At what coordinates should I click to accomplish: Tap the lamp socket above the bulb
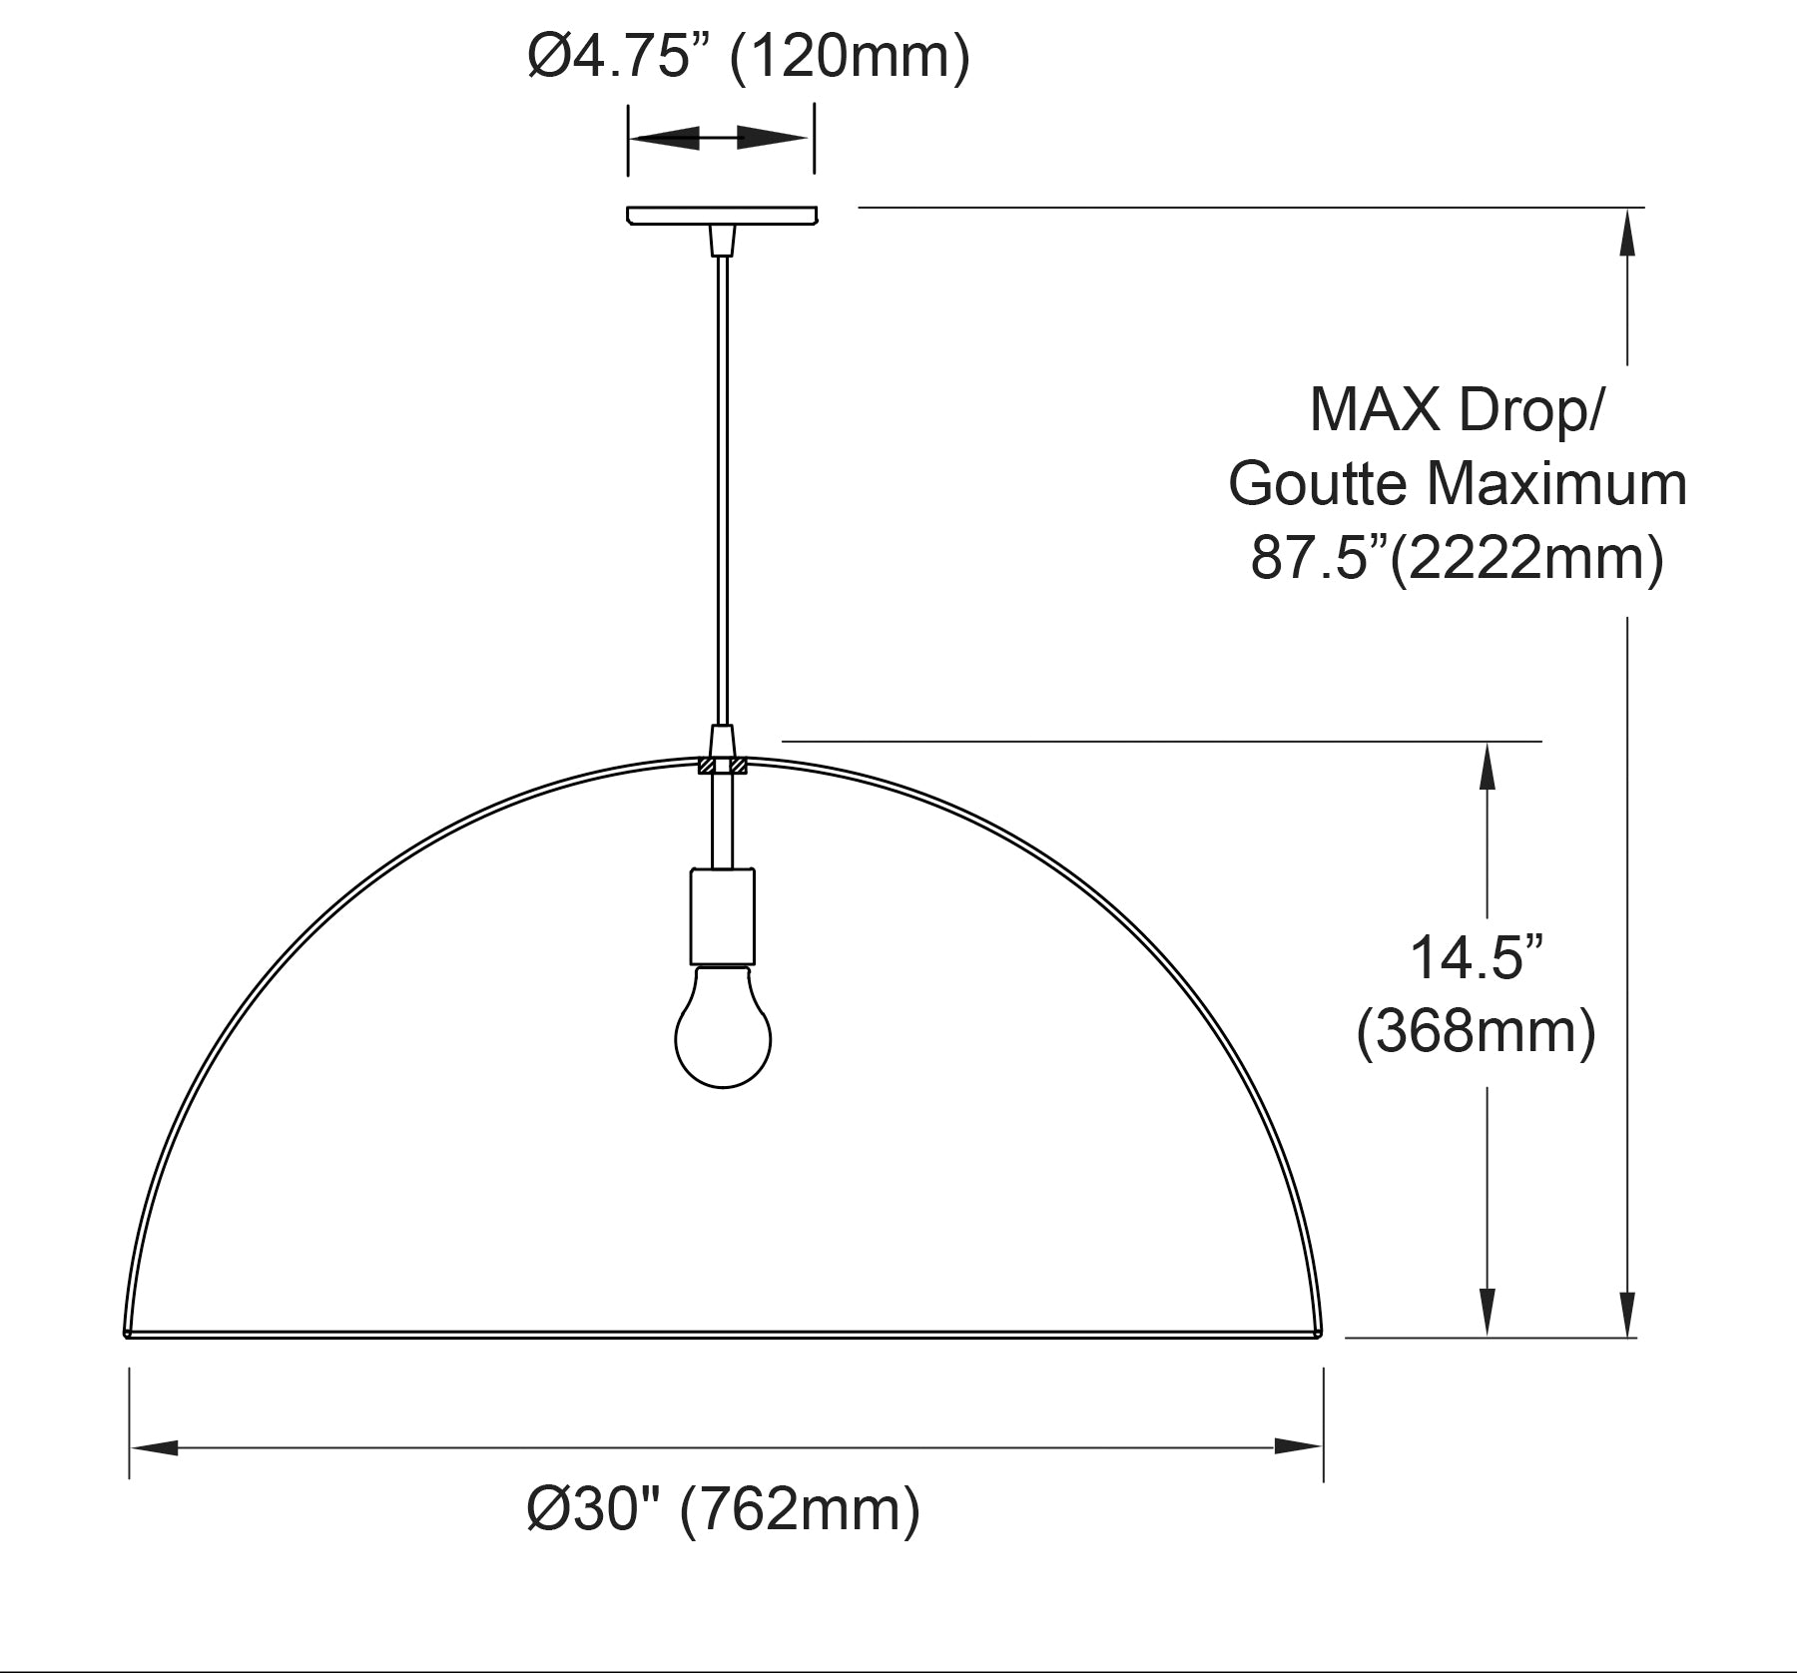[x=723, y=916]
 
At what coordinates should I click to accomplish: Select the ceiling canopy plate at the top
[x=722, y=215]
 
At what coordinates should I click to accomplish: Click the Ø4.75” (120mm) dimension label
[x=749, y=58]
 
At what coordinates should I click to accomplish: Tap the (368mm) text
[x=1476, y=1031]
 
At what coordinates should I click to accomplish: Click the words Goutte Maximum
[x=1458, y=483]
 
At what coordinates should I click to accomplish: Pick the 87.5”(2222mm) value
[x=1458, y=558]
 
